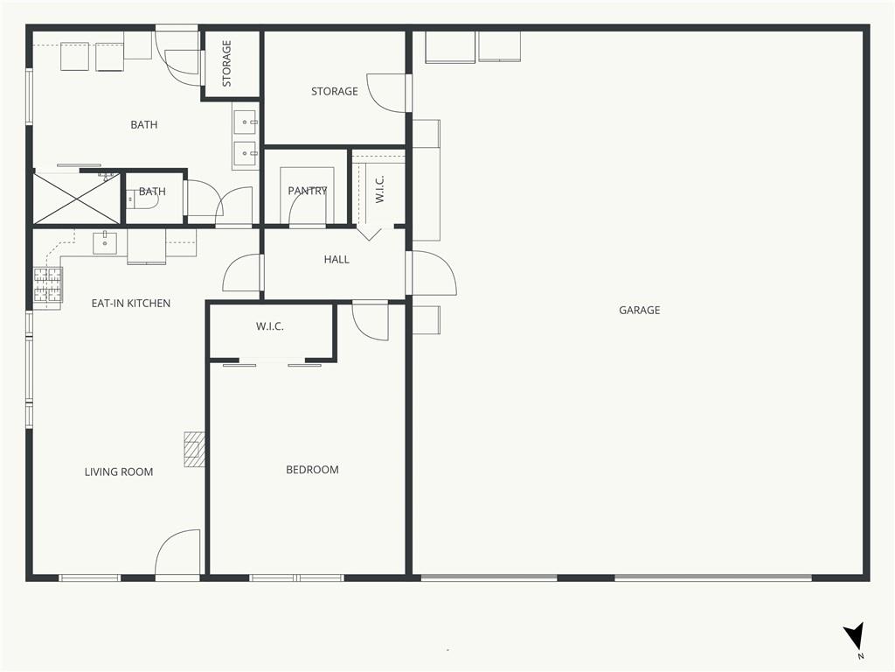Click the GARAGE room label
(639, 311)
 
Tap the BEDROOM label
(312, 470)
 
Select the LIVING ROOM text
(119, 472)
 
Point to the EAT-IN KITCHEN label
(131, 304)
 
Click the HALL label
(336, 259)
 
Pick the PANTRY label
(308, 191)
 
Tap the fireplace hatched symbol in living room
(194, 449)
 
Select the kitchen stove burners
(47, 285)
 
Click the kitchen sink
(105, 243)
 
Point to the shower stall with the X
(77, 199)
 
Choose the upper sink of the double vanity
(246, 122)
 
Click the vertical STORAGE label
(226, 63)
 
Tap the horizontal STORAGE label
(335, 91)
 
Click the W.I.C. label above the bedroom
(269, 327)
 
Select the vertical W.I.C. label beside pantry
(379, 189)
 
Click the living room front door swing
(177, 553)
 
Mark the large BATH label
(144, 124)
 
